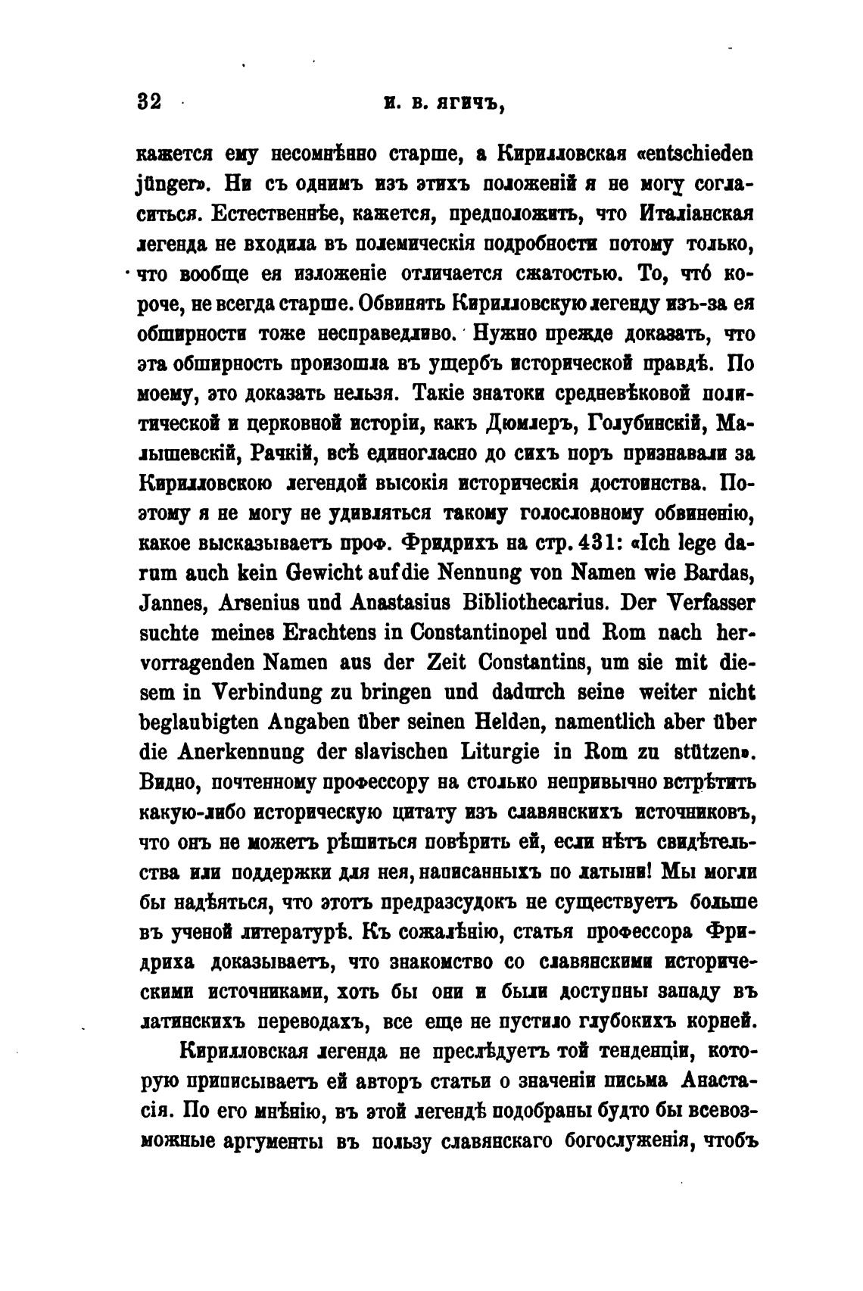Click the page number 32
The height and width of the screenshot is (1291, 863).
pyautogui.click(x=150, y=101)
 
